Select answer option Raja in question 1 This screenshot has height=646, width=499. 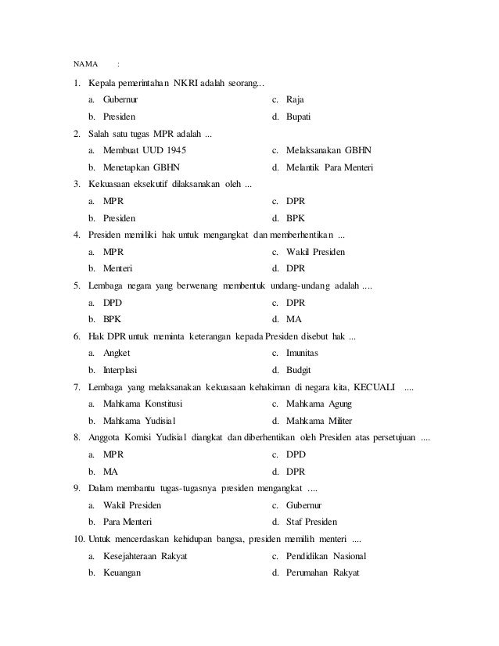(295, 101)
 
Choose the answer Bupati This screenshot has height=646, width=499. (299, 117)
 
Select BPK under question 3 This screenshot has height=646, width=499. (296, 218)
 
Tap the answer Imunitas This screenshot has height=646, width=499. (302, 354)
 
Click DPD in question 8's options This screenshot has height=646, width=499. (295, 454)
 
